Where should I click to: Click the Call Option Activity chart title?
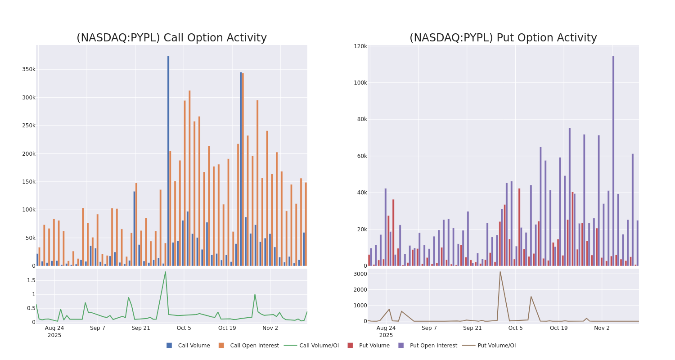pos(171,38)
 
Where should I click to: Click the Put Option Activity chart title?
pos(503,38)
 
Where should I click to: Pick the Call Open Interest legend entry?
pos(254,346)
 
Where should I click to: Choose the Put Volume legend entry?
pos(374,346)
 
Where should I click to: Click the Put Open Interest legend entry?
pos(433,346)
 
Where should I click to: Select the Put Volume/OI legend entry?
pos(496,346)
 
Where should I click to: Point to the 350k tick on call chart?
pos(28,69)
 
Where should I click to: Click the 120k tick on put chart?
pos(360,46)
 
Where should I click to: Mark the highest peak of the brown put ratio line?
pos(500,272)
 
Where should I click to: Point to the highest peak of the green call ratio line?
pos(165,272)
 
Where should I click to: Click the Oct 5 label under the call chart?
pos(184,328)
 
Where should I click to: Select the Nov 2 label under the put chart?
pos(602,328)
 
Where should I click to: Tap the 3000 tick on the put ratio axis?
pos(360,274)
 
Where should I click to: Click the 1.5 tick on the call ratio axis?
pos(31,280)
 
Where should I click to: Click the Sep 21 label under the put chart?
pos(472,328)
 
